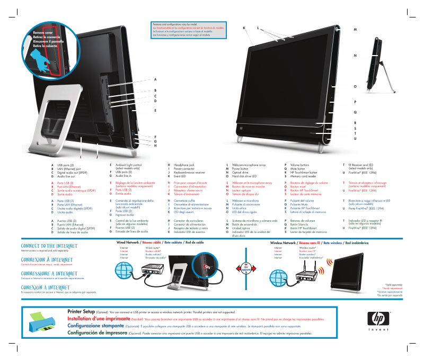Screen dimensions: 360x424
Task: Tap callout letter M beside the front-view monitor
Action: pyautogui.click(x=355, y=29)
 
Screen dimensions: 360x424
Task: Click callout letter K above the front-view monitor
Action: pyautogui.click(x=244, y=27)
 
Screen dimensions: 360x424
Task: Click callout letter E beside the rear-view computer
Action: pyautogui.click(x=155, y=111)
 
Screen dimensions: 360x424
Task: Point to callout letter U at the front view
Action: pyautogui.click(x=355, y=138)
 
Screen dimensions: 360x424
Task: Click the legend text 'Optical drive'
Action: pyautogui.click(x=241, y=173)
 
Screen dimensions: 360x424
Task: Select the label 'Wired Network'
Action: pyautogui.click(x=125, y=242)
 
